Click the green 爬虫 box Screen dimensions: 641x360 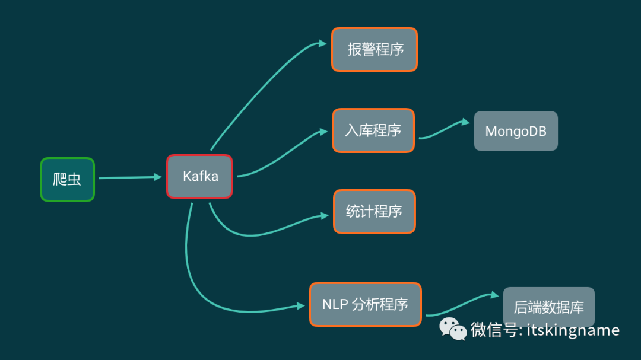click(67, 179)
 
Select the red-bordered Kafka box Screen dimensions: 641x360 click(199, 176)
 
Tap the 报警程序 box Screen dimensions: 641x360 click(375, 49)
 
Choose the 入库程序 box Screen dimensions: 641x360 click(373, 130)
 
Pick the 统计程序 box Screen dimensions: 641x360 click(375, 211)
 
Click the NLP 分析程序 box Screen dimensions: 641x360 click(365, 304)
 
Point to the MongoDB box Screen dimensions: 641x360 click(516, 131)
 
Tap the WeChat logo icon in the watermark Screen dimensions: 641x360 click(453, 329)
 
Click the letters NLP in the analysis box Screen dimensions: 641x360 click(334, 304)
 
